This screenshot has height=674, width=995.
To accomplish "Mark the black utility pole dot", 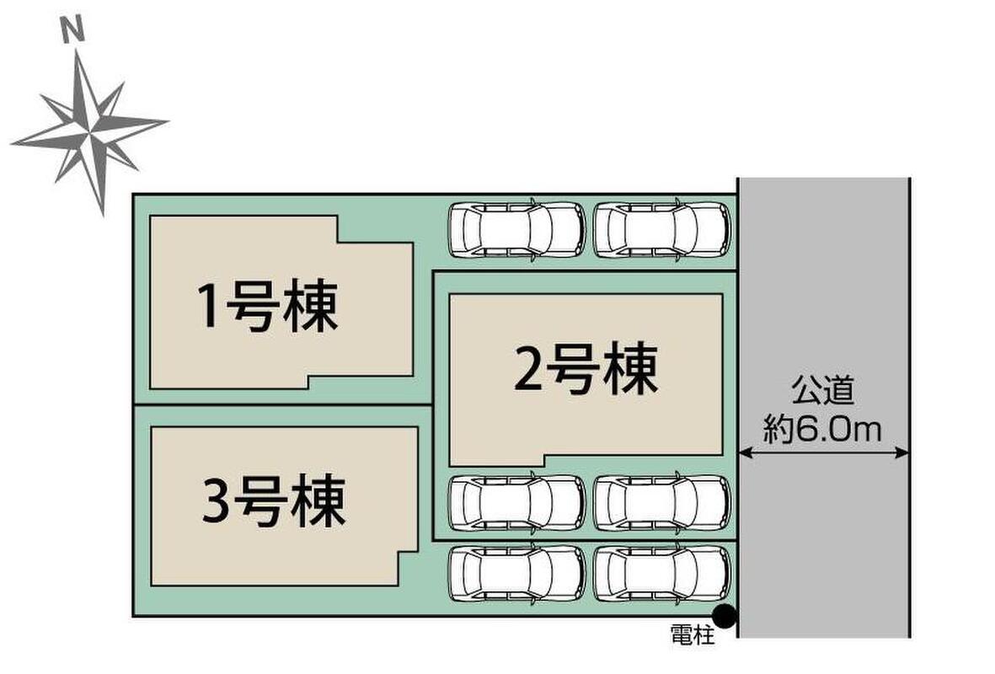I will [725, 617].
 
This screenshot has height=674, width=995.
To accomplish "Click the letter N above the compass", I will [75, 32].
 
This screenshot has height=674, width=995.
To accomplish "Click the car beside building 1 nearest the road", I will [662, 229].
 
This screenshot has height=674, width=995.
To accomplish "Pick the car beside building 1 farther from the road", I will [516, 229].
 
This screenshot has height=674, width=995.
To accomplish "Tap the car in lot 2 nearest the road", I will [662, 503].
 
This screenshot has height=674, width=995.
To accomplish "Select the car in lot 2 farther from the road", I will [516, 503].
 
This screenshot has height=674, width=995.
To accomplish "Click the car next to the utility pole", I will [662, 573].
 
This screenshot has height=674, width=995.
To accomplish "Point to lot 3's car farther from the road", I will [516, 573].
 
